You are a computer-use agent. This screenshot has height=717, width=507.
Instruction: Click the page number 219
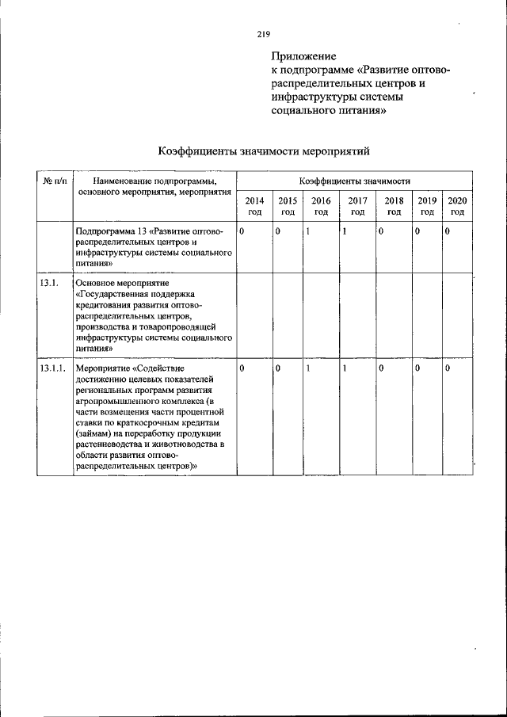pyautogui.click(x=264, y=34)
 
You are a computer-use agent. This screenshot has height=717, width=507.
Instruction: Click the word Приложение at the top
pyautogui.click(x=303, y=57)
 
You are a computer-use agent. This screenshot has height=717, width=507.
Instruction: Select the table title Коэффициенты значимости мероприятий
pyautogui.click(x=264, y=151)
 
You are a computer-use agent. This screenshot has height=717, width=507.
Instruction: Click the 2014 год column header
pyautogui.click(x=255, y=207)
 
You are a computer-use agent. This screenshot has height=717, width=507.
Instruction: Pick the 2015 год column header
pyautogui.click(x=288, y=207)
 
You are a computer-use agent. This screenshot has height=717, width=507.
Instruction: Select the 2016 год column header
pyautogui.click(x=321, y=207)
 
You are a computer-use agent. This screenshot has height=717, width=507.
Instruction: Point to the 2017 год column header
pyautogui.click(x=357, y=207)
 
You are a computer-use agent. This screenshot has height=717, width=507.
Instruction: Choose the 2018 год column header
pyautogui.click(x=394, y=207)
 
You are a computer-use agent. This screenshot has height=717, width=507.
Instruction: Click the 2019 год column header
pyautogui.click(x=427, y=207)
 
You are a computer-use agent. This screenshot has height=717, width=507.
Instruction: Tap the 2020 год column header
pyautogui.click(x=457, y=207)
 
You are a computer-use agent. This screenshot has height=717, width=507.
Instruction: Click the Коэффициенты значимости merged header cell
pyautogui.click(x=354, y=181)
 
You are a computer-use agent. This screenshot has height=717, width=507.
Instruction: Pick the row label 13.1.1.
pyautogui.click(x=51, y=368)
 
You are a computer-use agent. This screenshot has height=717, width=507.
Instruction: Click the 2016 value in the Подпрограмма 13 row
pyautogui.click(x=307, y=231)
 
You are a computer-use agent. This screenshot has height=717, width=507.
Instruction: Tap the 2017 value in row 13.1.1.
pyautogui.click(x=345, y=368)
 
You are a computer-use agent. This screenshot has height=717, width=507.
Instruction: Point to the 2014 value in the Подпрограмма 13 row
pyautogui.click(x=242, y=231)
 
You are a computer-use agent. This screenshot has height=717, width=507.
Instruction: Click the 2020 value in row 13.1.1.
pyautogui.click(x=448, y=368)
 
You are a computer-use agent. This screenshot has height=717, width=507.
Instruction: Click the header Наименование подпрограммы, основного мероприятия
pyautogui.click(x=154, y=187)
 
